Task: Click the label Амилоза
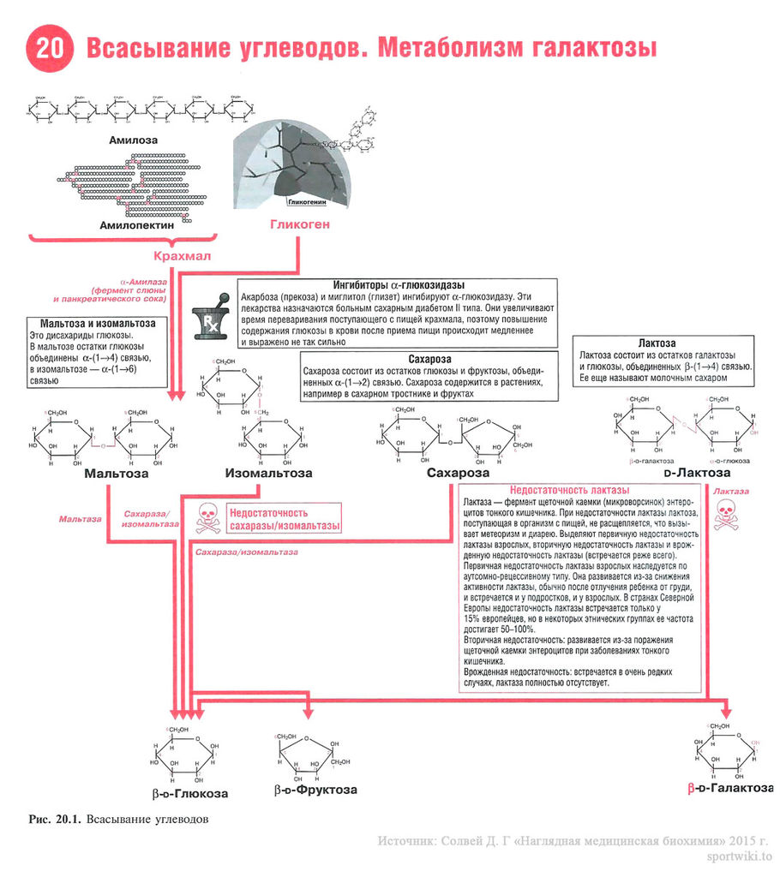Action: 134,139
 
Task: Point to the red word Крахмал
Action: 182,256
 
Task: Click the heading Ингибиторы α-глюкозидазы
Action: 398,284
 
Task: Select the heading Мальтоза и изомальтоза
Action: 93,324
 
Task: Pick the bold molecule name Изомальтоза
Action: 268,473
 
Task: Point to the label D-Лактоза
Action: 697,473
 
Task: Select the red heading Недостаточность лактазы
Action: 575,490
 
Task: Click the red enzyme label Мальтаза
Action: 80,519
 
